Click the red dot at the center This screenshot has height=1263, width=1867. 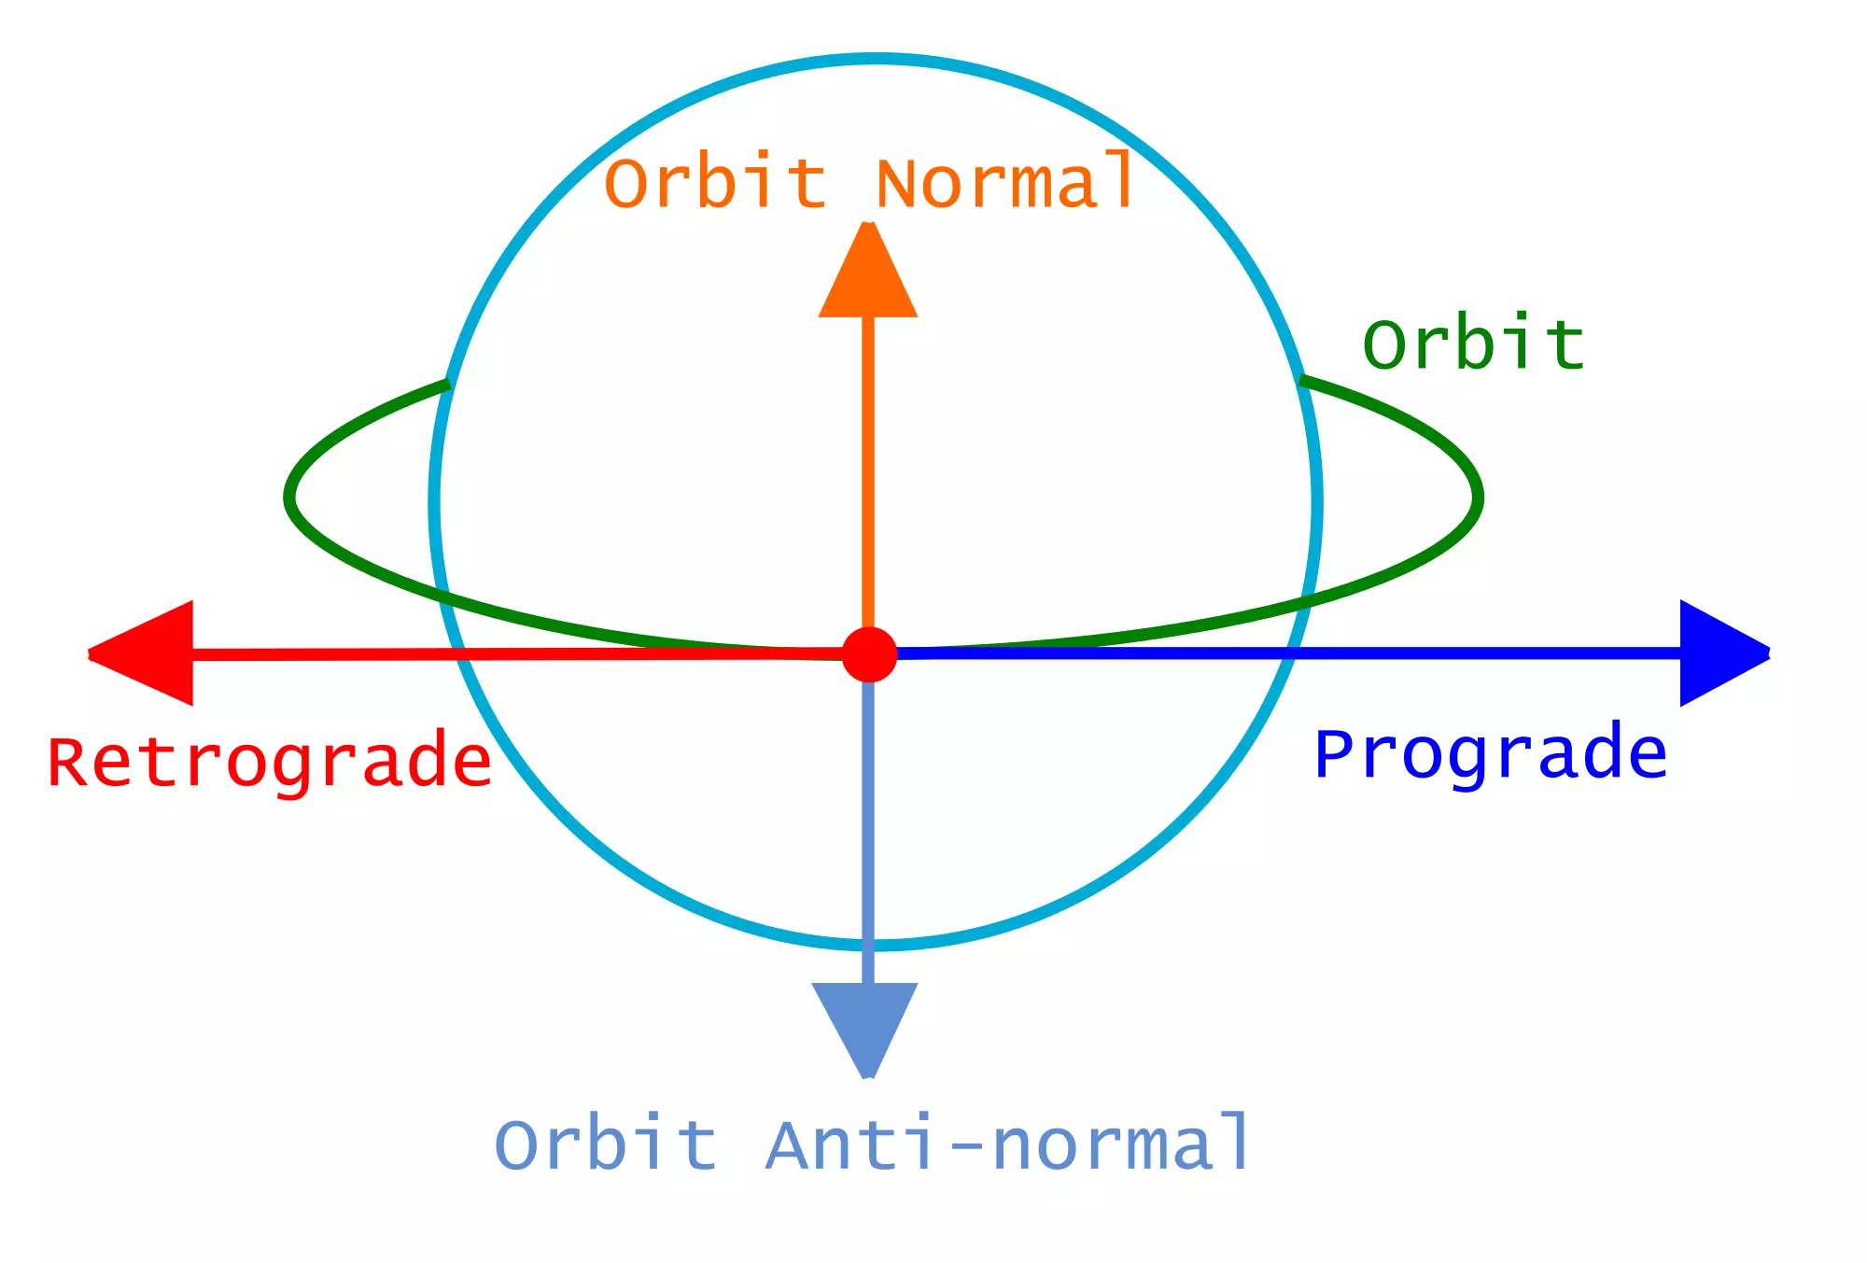click(869, 654)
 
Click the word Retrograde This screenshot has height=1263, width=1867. click(270, 763)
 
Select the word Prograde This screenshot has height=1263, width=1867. click(1490, 755)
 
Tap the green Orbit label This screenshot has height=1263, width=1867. click(1474, 344)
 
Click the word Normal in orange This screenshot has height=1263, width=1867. click(1004, 182)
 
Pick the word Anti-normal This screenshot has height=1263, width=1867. click(1008, 1144)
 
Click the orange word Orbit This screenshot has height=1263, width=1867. click(715, 182)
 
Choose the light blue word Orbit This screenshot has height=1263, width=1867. click(605, 1144)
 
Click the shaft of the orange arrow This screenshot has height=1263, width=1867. click(868, 467)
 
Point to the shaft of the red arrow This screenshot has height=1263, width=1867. click(513, 653)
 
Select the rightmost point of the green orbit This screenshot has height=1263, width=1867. click(1478, 498)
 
